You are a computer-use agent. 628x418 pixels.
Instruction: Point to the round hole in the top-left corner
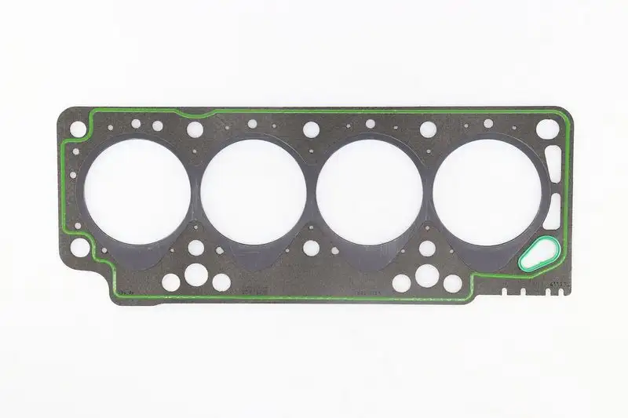pyautogui.click(x=78, y=127)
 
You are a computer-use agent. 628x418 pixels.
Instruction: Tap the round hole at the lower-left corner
pyautogui.click(x=78, y=248)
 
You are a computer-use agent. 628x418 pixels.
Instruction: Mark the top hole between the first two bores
pyautogui.click(x=195, y=129)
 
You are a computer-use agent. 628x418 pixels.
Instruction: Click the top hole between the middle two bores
pyautogui.click(x=312, y=129)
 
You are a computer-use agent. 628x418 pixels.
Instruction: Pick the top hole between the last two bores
pyautogui.click(x=428, y=129)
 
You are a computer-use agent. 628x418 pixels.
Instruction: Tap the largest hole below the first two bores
pyautogui.click(x=193, y=275)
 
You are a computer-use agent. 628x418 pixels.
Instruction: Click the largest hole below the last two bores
pyautogui.click(x=428, y=274)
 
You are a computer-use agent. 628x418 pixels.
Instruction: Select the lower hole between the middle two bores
pyautogui.click(x=312, y=248)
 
